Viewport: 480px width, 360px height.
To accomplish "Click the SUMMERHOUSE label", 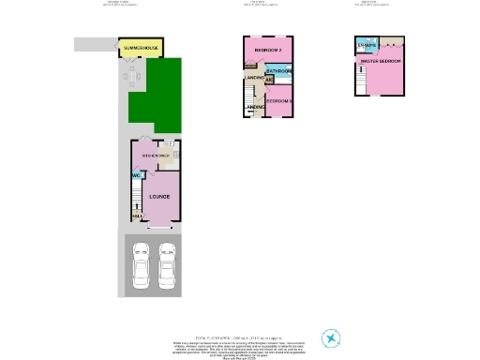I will [x=139, y=47].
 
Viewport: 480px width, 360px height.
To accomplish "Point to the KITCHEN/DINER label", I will [x=155, y=155].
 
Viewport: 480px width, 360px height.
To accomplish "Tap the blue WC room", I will [x=136, y=175].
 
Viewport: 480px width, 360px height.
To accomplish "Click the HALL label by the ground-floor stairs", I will [x=138, y=217].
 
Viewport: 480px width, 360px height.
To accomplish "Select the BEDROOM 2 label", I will [x=268, y=50].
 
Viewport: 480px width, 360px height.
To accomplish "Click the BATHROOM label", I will [x=279, y=72].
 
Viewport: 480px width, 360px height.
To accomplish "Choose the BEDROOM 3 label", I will [x=279, y=100].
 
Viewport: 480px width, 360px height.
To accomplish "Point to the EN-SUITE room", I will [x=366, y=45].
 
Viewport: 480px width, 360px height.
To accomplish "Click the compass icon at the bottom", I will [x=331, y=337].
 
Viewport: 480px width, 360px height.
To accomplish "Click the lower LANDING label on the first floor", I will [x=254, y=109].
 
